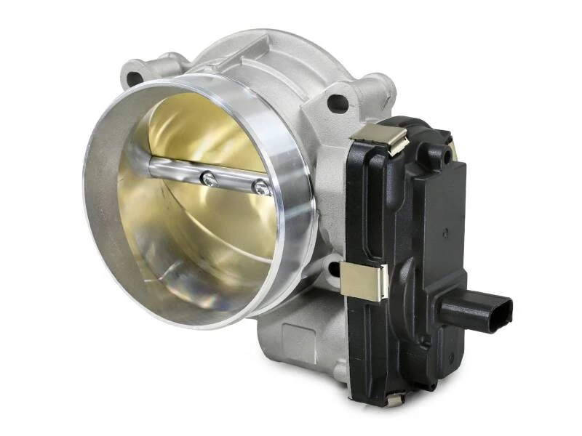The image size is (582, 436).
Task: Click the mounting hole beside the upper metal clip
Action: point(338,102)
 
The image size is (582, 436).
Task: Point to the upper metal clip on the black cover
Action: point(377,136)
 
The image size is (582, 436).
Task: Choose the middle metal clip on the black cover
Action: point(364,280)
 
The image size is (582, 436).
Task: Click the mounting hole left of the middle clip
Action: point(334,270)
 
